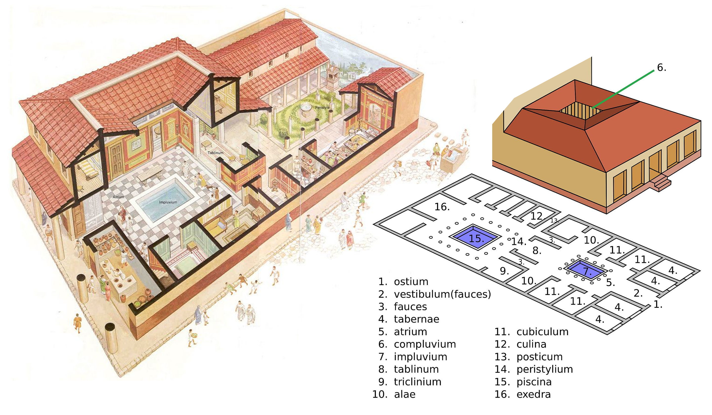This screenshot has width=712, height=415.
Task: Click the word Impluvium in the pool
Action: click(168, 202)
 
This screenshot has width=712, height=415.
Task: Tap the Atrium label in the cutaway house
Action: click(118, 197)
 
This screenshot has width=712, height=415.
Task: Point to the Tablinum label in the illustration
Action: click(215, 153)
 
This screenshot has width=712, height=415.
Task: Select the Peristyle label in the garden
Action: click(322, 107)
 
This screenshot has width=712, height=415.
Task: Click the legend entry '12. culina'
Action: click(520, 344)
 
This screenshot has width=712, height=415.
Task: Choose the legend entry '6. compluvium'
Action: click(417, 344)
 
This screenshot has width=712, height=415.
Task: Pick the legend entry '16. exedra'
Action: click(522, 394)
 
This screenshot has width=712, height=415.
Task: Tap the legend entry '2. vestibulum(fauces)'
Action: click(435, 294)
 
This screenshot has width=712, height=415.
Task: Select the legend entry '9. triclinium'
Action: click(410, 382)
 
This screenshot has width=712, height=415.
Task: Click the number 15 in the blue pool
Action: click(476, 239)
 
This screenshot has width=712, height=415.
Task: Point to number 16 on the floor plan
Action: click(442, 207)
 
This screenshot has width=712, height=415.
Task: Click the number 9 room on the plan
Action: click(504, 271)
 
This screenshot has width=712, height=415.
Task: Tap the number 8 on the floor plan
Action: click(537, 250)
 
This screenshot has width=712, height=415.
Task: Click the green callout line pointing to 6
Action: click(623, 89)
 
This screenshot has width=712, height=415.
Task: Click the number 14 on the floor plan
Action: click(519, 242)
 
